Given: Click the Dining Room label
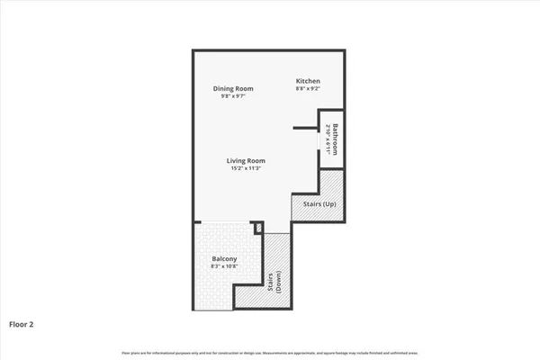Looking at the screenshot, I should click(233, 88).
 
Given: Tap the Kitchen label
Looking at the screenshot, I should click(308, 82).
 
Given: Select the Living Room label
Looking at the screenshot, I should click(246, 160).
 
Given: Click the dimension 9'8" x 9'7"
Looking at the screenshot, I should click(233, 96).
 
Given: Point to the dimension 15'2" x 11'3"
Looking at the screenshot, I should click(246, 168).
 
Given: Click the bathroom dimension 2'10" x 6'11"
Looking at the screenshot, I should click(328, 139).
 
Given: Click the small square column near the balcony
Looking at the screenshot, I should click(257, 229).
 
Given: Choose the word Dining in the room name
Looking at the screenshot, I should click(224, 88).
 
